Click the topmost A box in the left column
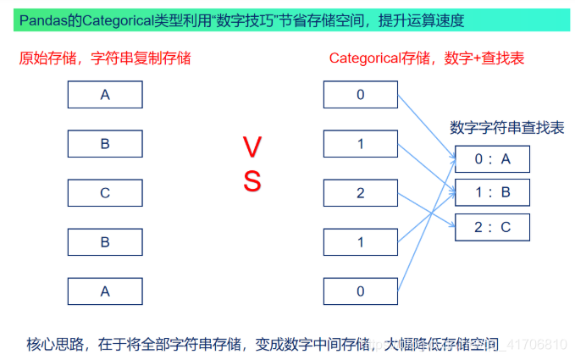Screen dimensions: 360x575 tap(105, 94)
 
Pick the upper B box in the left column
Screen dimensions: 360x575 tap(105, 143)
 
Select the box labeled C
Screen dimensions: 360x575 tap(105, 192)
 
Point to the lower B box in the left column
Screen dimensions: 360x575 tap(105, 241)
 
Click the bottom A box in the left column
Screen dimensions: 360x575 tap(105, 291)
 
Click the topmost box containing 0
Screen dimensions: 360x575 tap(360, 94)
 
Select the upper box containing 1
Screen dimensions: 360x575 tap(360, 143)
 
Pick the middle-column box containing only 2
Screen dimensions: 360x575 tap(360, 192)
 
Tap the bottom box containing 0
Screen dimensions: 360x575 tap(360, 291)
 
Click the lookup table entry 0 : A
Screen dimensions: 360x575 tap(492, 158)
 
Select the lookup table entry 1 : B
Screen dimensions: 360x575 tap(492, 192)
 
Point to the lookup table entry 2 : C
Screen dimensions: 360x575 tap(492, 226)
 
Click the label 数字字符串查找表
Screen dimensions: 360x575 tap(506, 128)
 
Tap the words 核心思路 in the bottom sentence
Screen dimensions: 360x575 tap(53, 344)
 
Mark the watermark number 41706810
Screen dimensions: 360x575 tap(539, 345)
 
